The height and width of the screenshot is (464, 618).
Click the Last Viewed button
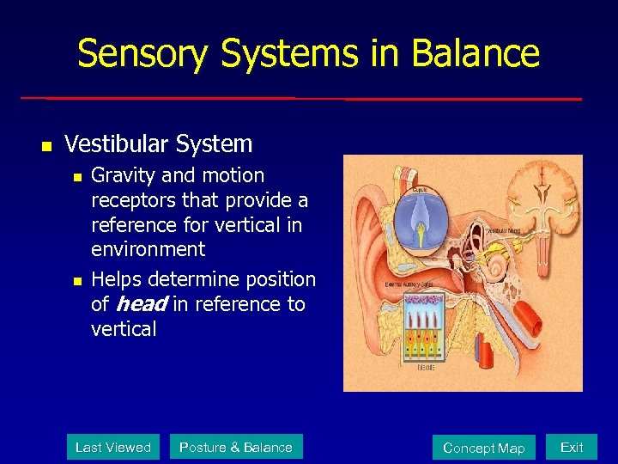point(112,447)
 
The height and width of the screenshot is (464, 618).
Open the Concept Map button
point(483,448)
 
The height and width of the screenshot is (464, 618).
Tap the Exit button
point(572,447)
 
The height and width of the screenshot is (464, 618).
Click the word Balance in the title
point(476,53)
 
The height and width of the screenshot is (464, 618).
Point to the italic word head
point(141,304)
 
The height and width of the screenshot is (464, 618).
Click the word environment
point(148,249)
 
